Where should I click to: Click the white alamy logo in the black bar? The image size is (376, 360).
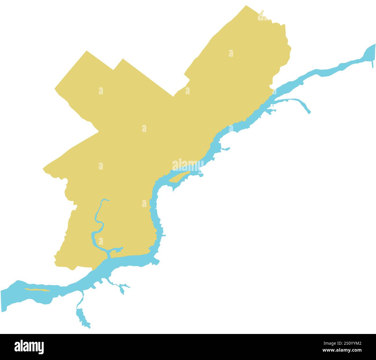pyautogui.click(x=29, y=347)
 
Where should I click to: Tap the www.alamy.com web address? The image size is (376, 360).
pyautogui.click(x=342, y=350)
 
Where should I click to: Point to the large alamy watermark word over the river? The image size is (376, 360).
pyautogui.click(x=188, y=165)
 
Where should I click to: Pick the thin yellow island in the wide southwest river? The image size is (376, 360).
pyautogui.click(x=37, y=290)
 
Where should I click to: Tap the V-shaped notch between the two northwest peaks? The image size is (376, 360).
pyautogui.click(x=114, y=70)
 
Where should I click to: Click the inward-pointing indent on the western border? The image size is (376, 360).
pyautogui.click(x=98, y=132)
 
